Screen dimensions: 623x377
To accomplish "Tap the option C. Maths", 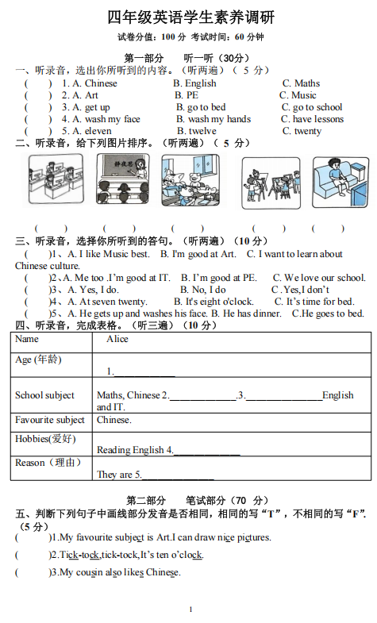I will [301, 83].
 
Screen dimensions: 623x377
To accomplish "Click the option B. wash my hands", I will [214, 119].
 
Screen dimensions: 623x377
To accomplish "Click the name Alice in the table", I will [117, 339].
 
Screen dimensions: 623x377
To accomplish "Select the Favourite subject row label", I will [49, 420].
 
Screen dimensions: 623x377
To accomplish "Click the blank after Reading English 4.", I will [206, 451].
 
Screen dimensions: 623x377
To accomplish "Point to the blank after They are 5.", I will [178, 475].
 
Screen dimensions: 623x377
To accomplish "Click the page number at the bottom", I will [190, 610].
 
